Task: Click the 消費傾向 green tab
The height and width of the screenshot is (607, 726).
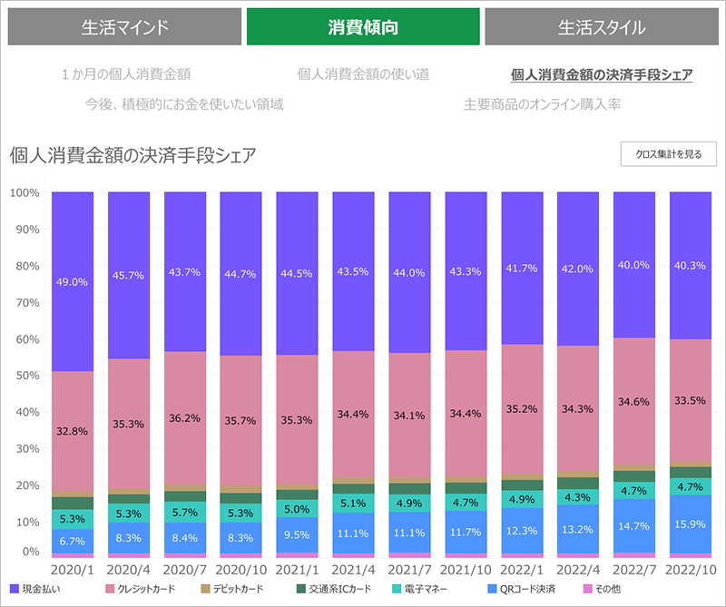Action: [x=363, y=27]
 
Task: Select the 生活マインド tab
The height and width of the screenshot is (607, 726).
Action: [x=124, y=27]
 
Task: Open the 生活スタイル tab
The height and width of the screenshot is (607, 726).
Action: [x=602, y=27]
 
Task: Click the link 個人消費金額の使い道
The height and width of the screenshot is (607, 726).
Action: [x=363, y=74]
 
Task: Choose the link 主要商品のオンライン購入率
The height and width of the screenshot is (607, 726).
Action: [x=542, y=104]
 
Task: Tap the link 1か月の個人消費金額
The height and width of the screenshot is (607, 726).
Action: [x=126, y=74]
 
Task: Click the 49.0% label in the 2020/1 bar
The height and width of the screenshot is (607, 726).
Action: [x=73, y=282]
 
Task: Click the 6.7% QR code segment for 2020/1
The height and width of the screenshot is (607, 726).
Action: [x=73, y=541]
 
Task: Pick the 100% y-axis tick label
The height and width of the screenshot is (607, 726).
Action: [x=24, y=193]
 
